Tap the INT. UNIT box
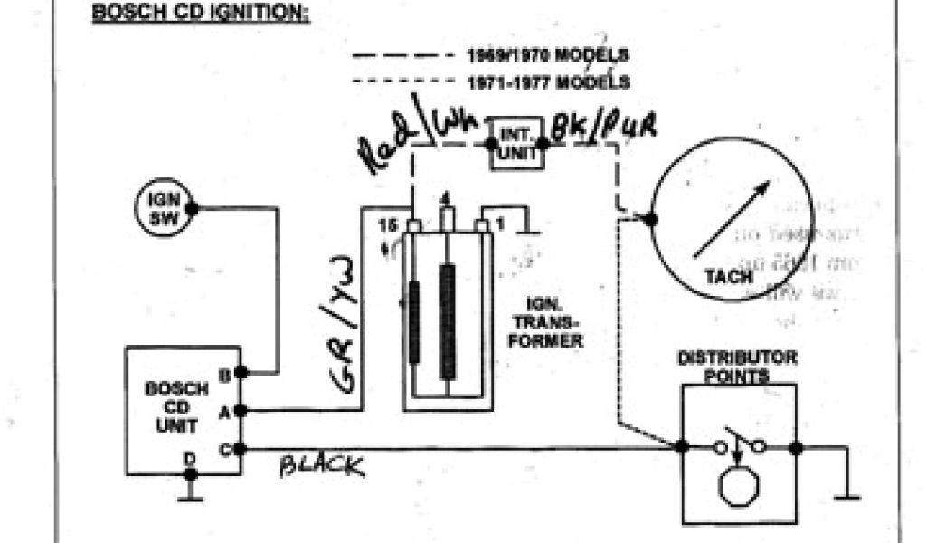click(517, 143)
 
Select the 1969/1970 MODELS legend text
click(547, 55)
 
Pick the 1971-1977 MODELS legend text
click(547, 82)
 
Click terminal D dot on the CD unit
click(190, 471)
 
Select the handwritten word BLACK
click(322, 466)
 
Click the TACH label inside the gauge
click(728, 276)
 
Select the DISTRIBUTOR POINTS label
click(738, 366)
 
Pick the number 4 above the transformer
click(445, 198)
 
